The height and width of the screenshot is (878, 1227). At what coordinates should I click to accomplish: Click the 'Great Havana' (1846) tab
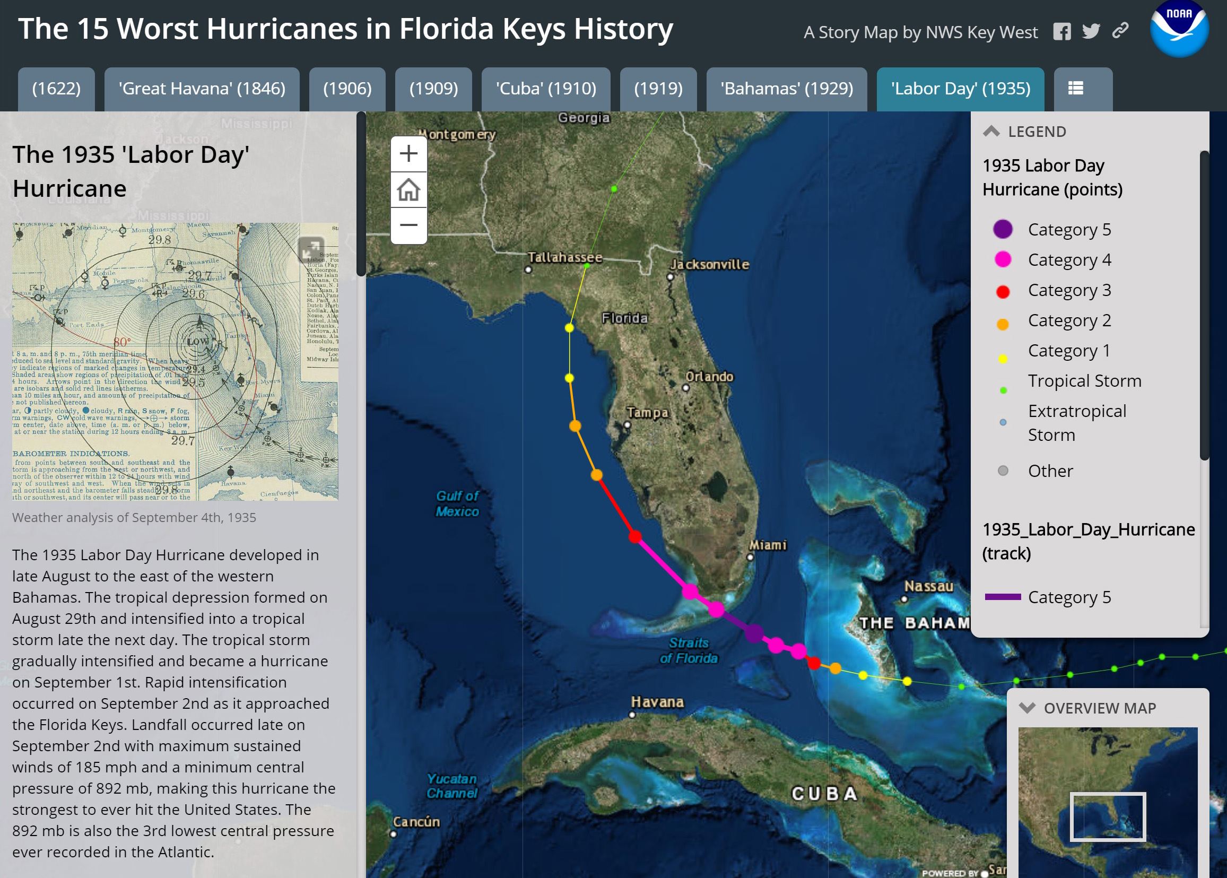coord(202,89)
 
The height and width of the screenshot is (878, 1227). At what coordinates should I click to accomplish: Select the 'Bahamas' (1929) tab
coord(787,89)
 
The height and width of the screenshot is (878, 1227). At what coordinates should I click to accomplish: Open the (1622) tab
coord(56,89)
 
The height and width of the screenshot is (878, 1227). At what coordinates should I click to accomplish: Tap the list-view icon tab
coord(1075,89)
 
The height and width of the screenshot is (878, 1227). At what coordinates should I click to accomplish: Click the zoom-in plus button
coord(408,154)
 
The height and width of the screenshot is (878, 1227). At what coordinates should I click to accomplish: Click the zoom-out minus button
coord(408,225)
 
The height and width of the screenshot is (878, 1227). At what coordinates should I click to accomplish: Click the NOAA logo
coord(1179,28)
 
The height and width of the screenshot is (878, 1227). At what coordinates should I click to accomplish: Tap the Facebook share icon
coord(1061,32)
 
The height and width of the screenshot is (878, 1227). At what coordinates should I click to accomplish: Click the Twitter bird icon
coord(1091,32)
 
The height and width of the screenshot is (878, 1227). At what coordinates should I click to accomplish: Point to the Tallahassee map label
coord(565,257)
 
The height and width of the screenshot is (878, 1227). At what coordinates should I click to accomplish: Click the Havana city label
coord(657,702)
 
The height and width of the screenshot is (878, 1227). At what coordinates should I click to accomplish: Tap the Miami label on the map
coord(768,545)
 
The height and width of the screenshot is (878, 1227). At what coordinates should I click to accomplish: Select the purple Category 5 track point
coord(753,632)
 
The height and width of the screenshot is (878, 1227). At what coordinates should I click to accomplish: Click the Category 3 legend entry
coord(1068,290)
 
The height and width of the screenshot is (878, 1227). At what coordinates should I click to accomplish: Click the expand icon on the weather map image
coord(311,250)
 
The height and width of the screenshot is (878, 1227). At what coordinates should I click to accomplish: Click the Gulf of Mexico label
coord(457,503)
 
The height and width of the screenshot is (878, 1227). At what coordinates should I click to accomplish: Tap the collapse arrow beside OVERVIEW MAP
coord(1026,708)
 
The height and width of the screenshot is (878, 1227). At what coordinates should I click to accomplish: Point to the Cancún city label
coord(416,822)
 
